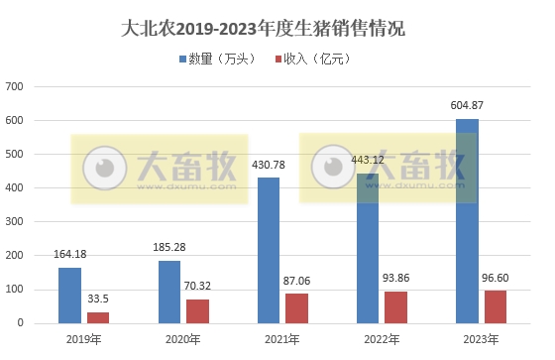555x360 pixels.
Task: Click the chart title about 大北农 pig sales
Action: point(277,29)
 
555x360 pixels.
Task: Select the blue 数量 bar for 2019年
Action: point(69,295)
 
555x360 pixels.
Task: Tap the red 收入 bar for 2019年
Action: point(98,317)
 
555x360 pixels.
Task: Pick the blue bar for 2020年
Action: point(169,292)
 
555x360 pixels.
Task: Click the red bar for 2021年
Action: point(297,307)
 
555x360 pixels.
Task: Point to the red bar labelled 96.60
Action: point(496,306)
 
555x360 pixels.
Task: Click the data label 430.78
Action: point(269,165)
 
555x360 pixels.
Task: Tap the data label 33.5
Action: point(98,299)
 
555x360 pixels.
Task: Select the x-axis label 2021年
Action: point(282,339)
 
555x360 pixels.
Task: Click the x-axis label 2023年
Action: point(482,339)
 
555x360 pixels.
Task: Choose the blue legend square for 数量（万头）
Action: point(183,60)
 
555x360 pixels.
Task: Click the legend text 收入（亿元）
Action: point(315,60)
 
